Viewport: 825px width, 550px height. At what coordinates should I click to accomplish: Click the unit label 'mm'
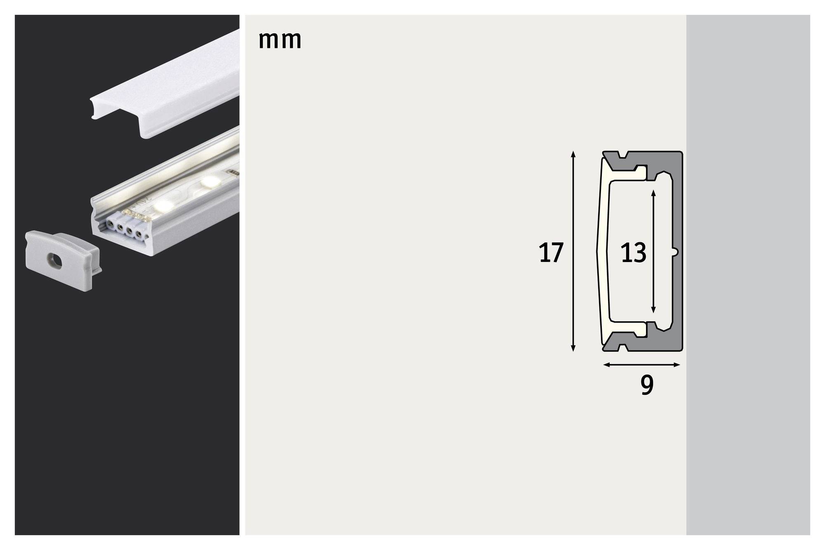tap(280, 40)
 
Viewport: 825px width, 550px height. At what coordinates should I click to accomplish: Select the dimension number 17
tap(551, 253)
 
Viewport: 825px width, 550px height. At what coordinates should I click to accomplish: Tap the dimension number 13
tap(633, 253)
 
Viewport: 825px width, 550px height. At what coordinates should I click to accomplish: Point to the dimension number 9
tap(647, 386)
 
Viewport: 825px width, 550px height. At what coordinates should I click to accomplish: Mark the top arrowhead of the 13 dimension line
tap(653, 193)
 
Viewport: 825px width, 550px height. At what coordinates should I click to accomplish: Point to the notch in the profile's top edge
tap(622, 156)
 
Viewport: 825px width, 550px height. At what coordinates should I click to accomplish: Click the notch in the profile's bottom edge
tap(622, 347)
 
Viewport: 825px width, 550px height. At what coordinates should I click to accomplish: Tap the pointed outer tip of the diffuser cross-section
tap(598, 251)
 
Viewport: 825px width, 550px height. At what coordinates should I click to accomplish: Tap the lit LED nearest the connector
tap(165, 203)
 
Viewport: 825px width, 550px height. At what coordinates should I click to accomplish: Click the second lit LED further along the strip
tap(211, 180)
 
